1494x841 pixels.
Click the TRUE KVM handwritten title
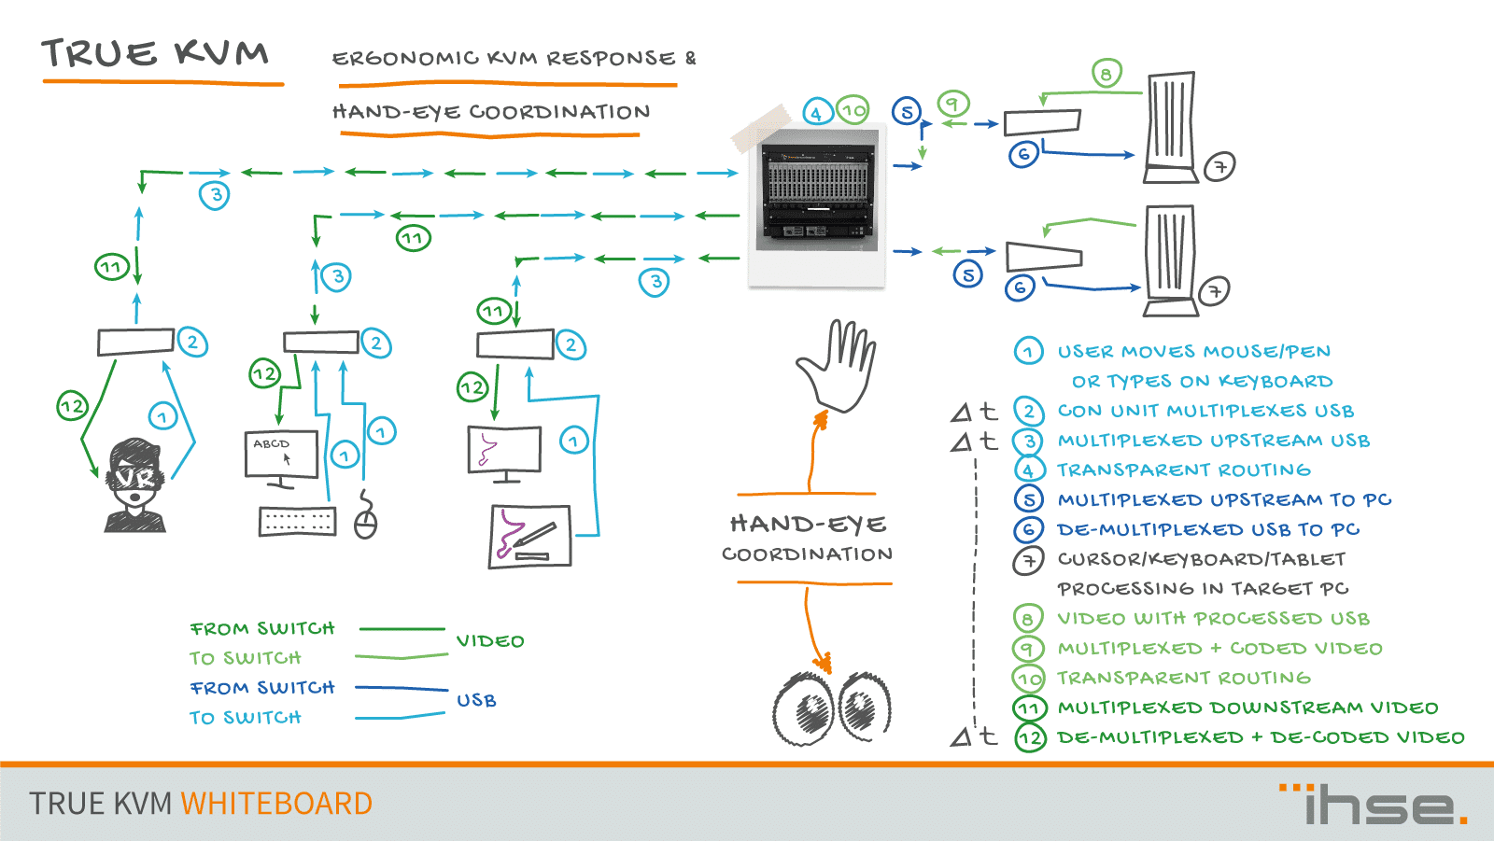click(x=155, y=54)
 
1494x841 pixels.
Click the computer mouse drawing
click(x=365, y=522)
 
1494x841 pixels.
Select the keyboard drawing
click(x=297, y=521)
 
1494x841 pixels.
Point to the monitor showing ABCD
click(x=281, y=455)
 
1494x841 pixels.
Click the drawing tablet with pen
click(x=529, y=536)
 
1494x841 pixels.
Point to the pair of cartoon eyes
click(x=831, y=707)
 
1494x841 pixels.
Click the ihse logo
click(x=1374, y=805)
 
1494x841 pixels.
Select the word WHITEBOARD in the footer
click(x=276, y=804)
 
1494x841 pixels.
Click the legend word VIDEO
click(x=490, y=641)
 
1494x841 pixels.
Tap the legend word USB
click(x=476, y=700)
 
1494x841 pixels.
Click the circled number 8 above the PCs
click(x=1106, y=73)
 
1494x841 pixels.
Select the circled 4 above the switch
click(x=817, y=113)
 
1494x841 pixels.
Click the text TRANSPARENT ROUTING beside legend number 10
click(x=1183, y=678)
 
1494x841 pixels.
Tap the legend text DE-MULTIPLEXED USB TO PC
click(x=1207, y=529)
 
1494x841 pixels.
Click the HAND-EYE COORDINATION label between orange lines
click(x=808, y=539)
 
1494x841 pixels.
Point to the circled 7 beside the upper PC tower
click(x=1219, y=167)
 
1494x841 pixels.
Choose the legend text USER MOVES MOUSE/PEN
click(x=1193, y=352)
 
